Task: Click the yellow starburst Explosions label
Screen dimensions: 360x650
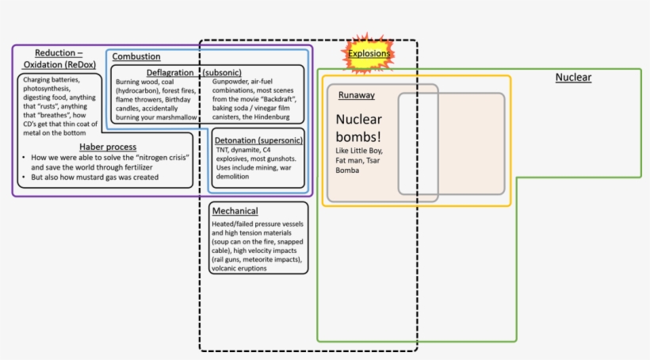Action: [x=369, y=54]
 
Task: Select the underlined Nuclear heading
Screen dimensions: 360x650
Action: [x=572, y=77]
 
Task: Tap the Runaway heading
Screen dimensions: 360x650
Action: [x=356, y=95]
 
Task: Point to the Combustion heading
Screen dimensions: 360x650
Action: [x=136, y=56]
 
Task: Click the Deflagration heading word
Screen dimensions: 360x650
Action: [x=170, y=72]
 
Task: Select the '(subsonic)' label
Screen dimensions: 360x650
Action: [x=222, y=72]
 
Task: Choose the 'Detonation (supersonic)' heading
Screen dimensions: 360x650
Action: [x=258, y=140]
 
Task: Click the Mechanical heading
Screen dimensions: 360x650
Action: [x=235, y=212]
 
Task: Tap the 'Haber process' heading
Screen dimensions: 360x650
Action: [x=107, y=147]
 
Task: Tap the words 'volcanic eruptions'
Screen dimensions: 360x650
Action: [x=239, y=268]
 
